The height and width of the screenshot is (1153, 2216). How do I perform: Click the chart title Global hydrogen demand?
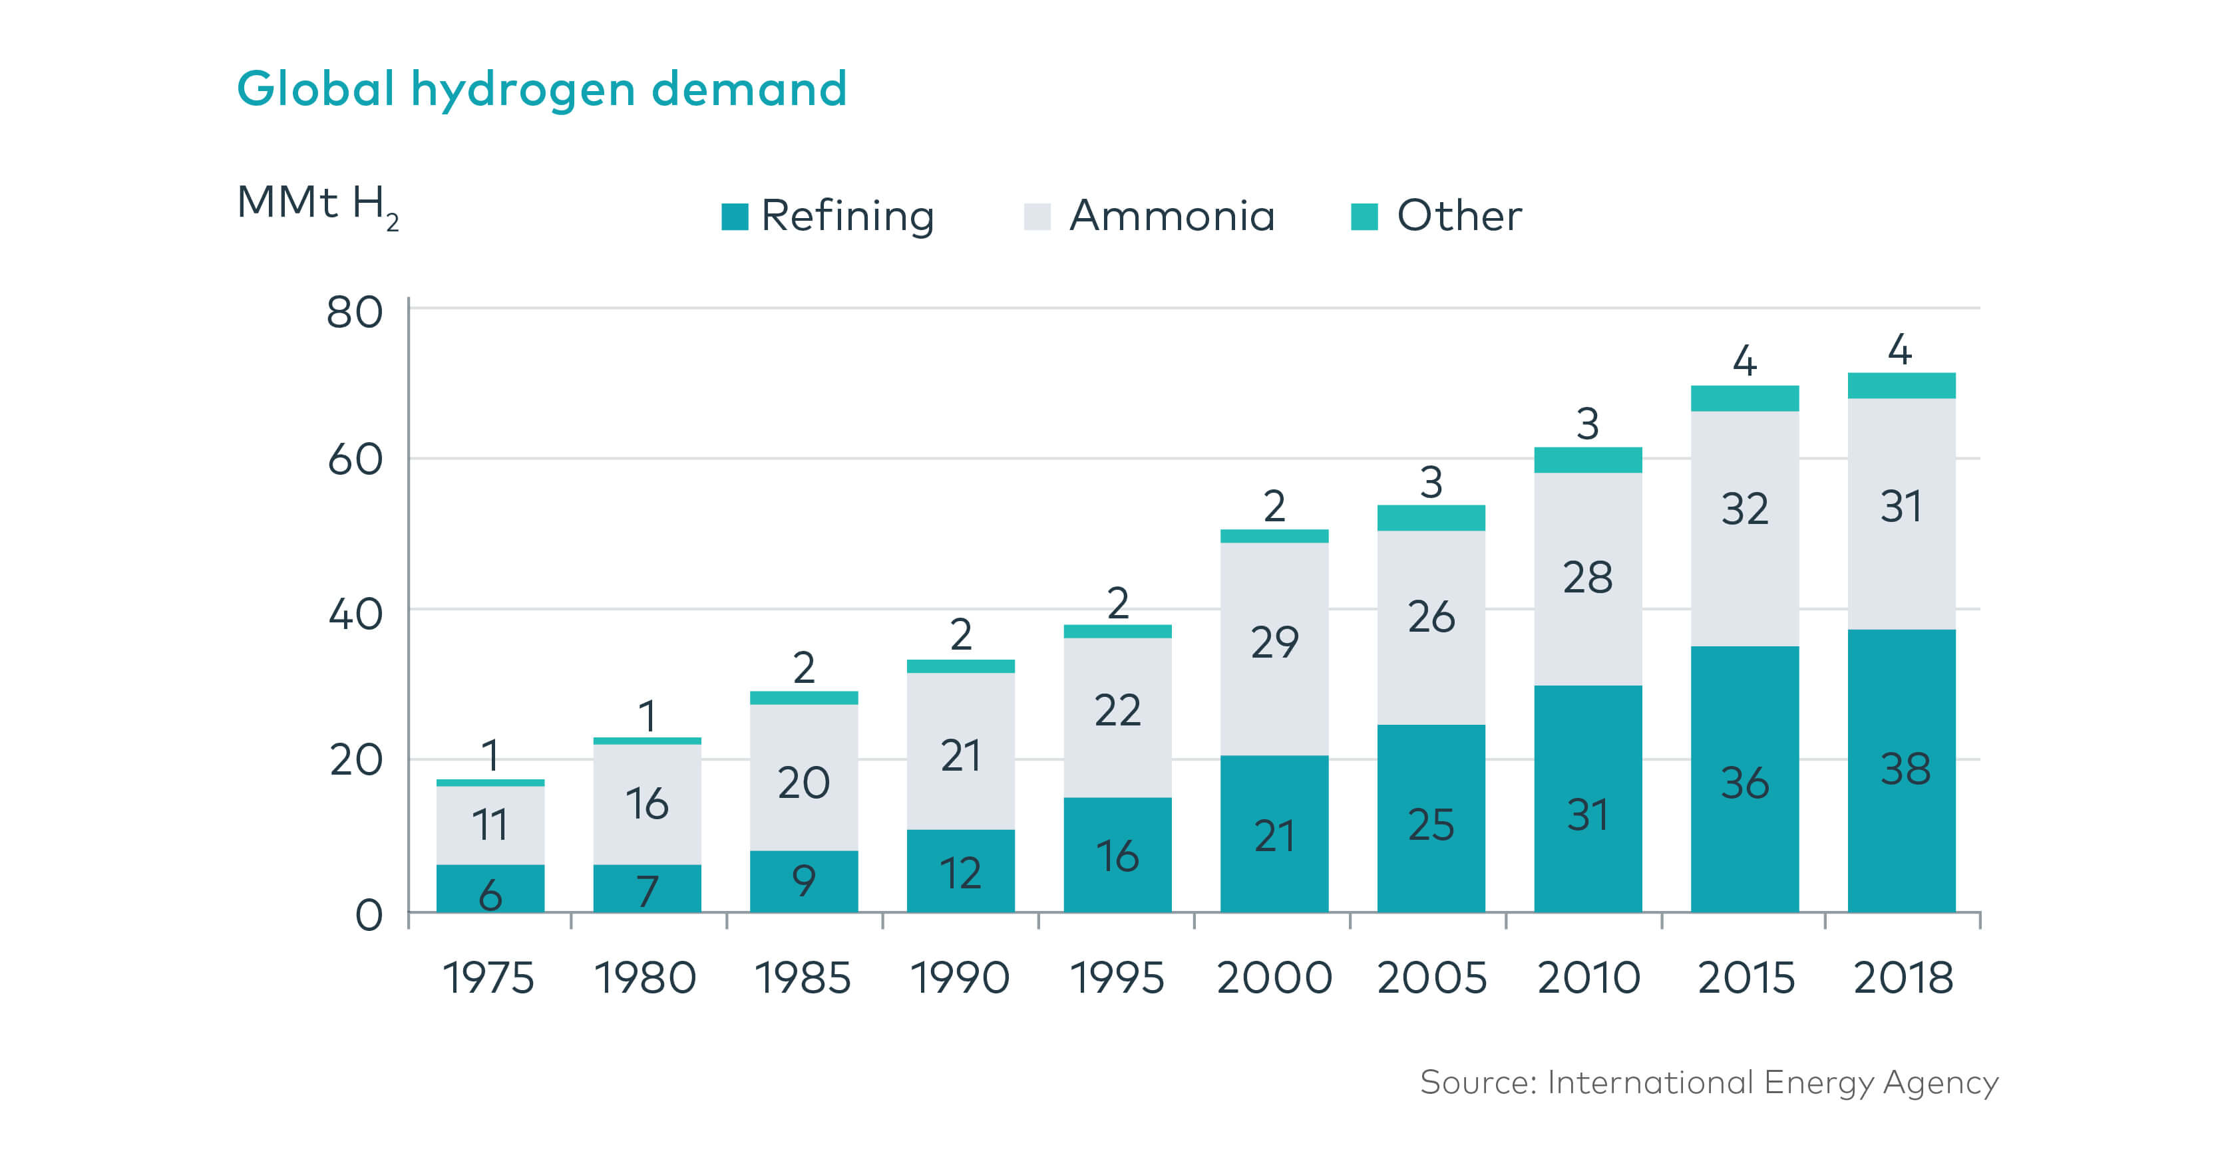pos(542,89)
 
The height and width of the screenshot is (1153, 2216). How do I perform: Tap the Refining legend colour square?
pos(734,217)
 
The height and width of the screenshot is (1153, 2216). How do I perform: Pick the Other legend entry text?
pos(1458,216)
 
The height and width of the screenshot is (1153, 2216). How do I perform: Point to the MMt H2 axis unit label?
pos(317,205)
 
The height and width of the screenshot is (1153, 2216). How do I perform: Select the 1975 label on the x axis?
pos(488,977)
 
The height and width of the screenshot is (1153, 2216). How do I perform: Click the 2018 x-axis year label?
pos(1902,977)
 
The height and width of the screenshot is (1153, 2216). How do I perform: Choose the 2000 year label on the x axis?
pos(1274,977)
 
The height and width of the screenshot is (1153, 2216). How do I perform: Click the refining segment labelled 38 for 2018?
pos(1902,769)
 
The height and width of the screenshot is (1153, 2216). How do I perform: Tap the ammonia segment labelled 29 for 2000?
pos(1274,649)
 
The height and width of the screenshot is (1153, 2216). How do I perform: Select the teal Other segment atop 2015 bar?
pos(1745,398)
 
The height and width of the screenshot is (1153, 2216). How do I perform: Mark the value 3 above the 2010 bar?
pos(1587,424)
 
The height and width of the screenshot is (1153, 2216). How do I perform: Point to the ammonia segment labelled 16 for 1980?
pos(647,804)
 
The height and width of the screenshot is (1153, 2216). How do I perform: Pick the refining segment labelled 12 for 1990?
pos(960,870)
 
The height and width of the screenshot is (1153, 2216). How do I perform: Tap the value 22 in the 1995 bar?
pos(1117,710)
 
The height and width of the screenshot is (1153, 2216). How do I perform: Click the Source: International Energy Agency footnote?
pos(1708,1083)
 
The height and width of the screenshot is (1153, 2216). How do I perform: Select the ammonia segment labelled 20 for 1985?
pos(803,778)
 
